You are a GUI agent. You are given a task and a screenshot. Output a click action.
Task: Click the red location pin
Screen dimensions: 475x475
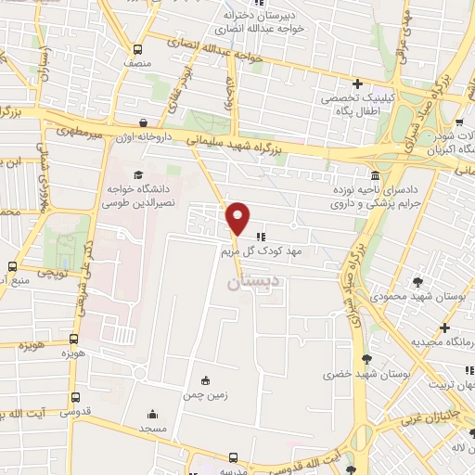(x=238, y=217)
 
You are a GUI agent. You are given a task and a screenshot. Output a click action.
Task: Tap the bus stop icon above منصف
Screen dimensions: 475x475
(x=138, y=50)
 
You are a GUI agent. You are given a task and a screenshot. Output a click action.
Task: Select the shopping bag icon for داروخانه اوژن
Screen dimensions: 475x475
(x=143, y=122)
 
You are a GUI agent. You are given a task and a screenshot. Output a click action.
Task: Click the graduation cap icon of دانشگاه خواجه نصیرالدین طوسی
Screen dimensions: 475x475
(x=138, y=174)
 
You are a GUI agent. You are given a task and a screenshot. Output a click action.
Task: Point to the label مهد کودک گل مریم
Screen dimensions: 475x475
(x=268, y=251)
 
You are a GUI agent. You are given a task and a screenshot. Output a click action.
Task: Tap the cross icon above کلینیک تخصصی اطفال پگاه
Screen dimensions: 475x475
(x=356, y=83)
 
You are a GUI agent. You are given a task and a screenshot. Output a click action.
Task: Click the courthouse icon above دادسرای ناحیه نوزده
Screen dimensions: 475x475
(x=375, y=175)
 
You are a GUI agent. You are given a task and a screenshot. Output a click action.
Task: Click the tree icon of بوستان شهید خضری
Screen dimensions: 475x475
(x=367, y=360)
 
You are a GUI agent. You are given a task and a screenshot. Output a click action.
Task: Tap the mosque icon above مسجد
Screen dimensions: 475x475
(x=151, y=415)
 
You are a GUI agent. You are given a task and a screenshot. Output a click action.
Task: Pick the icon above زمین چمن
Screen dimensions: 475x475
(x=205, y=380)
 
